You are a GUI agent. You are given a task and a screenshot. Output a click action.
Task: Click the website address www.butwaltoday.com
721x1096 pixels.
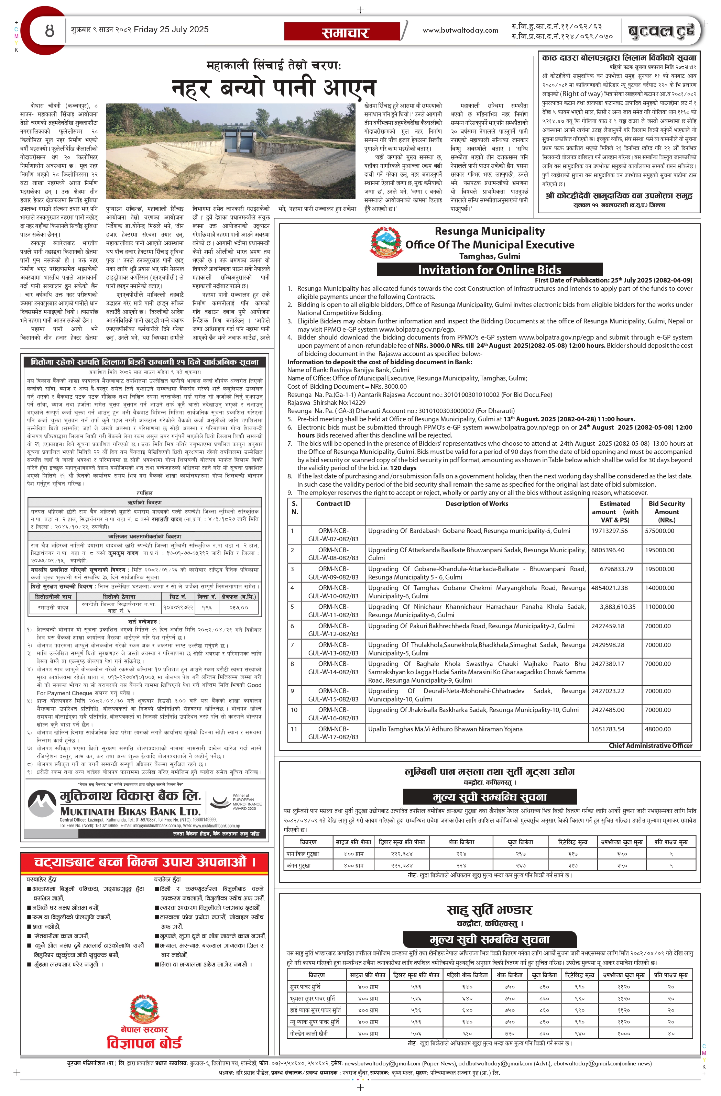click(x=460, y=30)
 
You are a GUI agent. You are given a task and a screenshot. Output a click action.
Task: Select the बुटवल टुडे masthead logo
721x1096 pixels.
click(x=661, y=31)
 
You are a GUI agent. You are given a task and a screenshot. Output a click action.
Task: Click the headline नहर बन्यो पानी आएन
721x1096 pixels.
click(x=274, y=88)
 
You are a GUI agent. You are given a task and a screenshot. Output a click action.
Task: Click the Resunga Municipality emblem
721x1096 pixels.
click(x=386, y=242)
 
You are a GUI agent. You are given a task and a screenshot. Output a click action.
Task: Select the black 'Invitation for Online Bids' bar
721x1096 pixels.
click(x=489, y=270)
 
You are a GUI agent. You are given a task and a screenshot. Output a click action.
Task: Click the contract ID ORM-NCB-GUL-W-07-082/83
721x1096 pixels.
click(x=333, y=535)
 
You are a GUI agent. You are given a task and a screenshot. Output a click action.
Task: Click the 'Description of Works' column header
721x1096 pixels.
click(x=476, y=504)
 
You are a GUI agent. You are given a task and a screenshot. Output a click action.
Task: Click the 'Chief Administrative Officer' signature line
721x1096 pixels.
click(x=650, y=745)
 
